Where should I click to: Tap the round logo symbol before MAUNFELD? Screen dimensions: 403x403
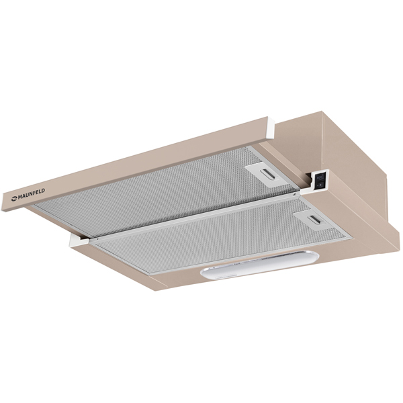click(x=14, y=198)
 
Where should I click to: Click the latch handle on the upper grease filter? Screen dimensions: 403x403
click(x=268, y=174)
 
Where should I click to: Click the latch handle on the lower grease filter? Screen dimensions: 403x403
click(x=316, y=220)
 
